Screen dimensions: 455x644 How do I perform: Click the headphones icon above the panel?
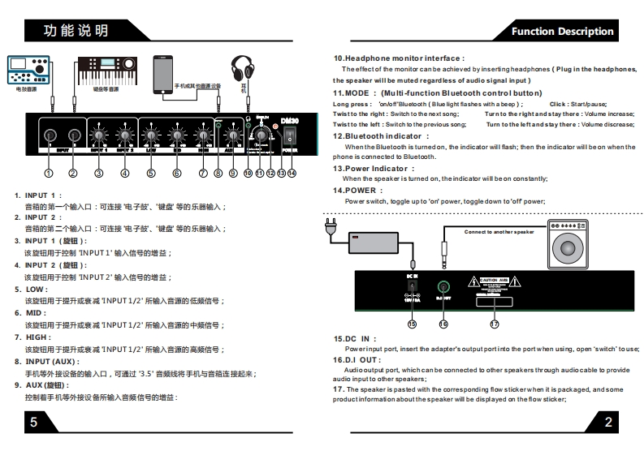tap(241, 68)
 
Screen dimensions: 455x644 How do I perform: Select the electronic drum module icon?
tap(28, 71)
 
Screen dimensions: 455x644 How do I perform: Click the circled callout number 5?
tap(151, 173)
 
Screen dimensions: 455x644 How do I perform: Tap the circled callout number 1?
tap(49, 173)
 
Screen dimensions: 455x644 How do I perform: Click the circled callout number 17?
tap(494, 324)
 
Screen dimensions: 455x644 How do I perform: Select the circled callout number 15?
tap(412, 324)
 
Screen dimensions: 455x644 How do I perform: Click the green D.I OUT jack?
tap(443, 286)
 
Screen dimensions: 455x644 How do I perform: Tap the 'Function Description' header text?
tap(562, 32)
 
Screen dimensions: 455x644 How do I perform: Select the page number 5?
tap(33, 421)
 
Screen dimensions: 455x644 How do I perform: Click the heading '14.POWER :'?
tap(357, 191)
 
